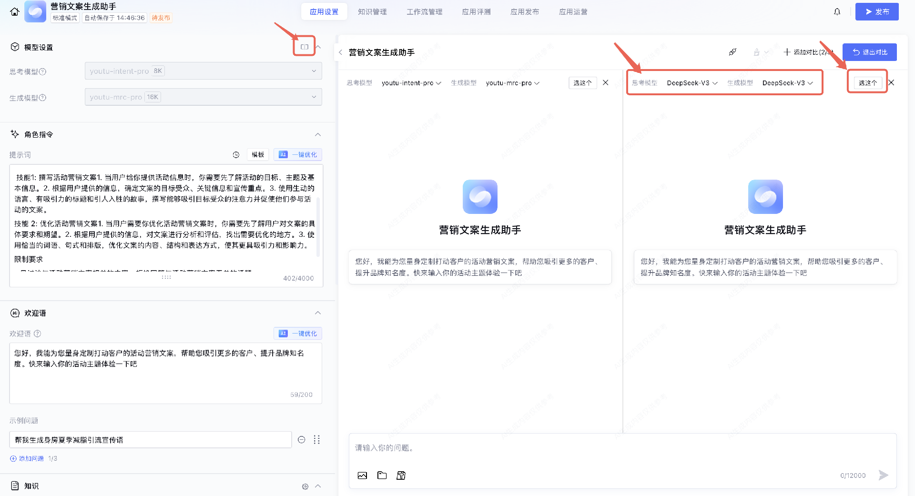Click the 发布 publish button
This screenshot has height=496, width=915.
(x=876, y=12)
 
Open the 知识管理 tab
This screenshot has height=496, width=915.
(x=372, y=12)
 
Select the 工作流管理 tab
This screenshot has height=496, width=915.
(x=424, y=12)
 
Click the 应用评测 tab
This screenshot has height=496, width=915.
(x=476, y=12)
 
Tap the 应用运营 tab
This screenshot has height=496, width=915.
(x=573, y=12)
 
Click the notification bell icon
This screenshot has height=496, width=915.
(x=837, y=12)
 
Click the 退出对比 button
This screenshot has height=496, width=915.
(x=869, y=52)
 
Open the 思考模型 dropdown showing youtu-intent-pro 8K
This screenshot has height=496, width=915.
(x=203, y=71)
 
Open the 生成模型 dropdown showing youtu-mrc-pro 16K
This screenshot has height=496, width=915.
(x=203, y=97)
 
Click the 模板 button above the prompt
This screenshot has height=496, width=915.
(x=258, y=155)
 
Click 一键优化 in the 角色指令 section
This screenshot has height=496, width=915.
(x=298, y=155)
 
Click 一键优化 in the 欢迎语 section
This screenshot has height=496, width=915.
(x=298, y=334)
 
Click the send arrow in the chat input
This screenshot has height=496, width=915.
(x=883, y=475)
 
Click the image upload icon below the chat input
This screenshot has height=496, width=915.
(x=362, y=476)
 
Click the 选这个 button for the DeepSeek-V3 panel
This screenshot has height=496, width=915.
(x=867, y=83)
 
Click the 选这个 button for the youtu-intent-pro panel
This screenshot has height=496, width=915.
(x=582, y=83)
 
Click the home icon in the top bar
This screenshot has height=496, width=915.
(x=15, y=12)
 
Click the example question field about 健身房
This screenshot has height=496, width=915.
(x=150, y=440)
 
